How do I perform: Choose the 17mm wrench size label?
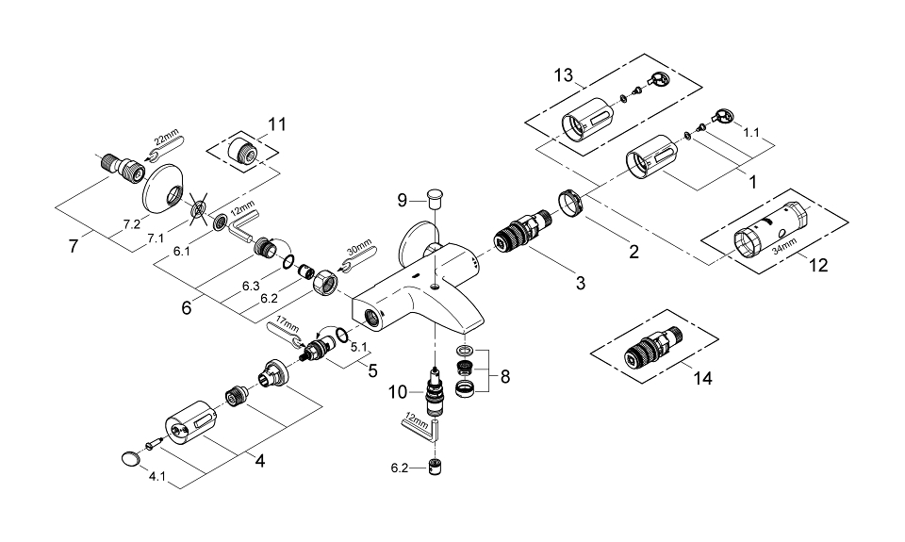click(288, 322)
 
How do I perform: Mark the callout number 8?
click(504, 376)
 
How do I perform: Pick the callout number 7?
click(74, 246)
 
